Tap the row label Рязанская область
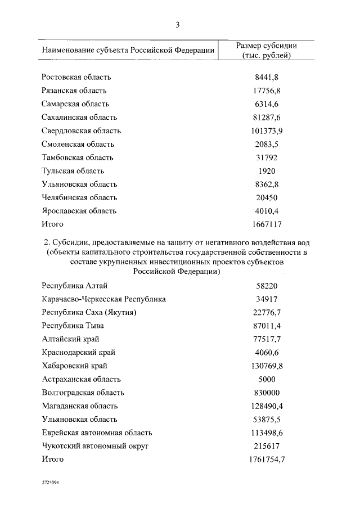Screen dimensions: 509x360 [x=74, y=91]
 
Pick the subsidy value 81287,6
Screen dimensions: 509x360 [x=267, y=117]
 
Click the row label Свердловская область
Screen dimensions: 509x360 [x=81, y=130]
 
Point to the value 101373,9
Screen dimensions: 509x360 [x=267, y=130]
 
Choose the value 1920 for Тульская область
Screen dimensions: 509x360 [x=267, y=170]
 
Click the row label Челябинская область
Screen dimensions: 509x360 [x=79, y=197]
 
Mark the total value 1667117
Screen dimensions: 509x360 [x=267, y=224]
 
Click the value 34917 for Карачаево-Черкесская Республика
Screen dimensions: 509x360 [x=267, y=299]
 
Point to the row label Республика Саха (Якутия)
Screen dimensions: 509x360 [x=89, y=313]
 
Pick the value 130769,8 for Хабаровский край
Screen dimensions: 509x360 [x=267, y=366]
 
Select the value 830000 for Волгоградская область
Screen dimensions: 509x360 [x=267, y=393]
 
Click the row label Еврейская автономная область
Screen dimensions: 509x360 [x=97, y=433]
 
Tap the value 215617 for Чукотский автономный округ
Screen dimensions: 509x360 [x=267, y=446]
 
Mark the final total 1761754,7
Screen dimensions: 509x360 [x=267, y=460]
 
